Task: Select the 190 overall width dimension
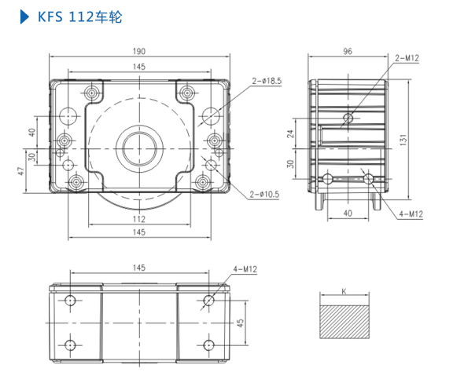(x=139, y=50)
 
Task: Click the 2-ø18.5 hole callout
(x=267, y=80)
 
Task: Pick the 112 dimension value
(x=138, y=218)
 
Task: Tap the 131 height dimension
(x=402, y=140)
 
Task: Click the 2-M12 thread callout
(x=407, y=58)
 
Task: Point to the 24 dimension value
(x=290, y=133)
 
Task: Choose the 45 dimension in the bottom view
(x=241, y=323)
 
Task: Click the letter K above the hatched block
(x=344, y=291)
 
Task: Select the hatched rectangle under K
(x=344, y=323)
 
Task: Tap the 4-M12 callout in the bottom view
(x=245, y=269)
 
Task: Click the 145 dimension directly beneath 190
(x=139, y=67)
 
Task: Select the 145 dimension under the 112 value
(x=138, y=232)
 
